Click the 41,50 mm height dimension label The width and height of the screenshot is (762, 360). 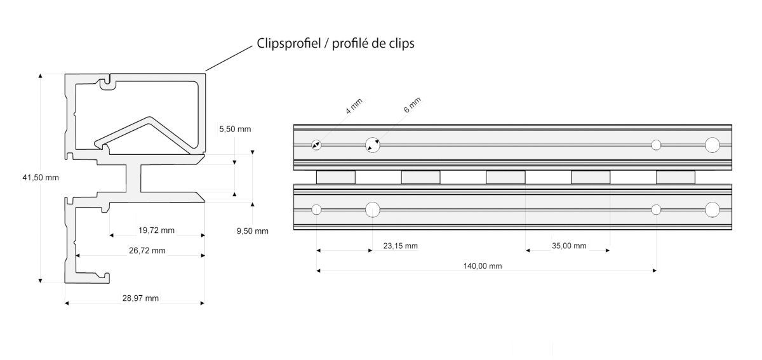[x=41, y=178]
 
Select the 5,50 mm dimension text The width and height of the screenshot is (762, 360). [x=235, y=130]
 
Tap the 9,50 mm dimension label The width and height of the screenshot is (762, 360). [x=253, y=231]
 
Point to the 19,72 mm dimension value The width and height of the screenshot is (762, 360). [x=156, y=230]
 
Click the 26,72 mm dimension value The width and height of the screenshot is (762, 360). [x=147, y=251]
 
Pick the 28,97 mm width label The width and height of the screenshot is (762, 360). [x=140, y=298]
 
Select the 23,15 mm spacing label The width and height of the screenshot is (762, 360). [x=401, y=246]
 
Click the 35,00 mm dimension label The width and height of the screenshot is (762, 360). [x=569, y=246]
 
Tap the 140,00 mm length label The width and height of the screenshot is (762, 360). [x=483, y=266]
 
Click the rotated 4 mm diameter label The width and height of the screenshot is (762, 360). [x=354, y=106]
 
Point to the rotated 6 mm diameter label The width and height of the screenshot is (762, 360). [x=412, y=105]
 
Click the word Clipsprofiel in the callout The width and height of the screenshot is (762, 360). [x=289, y=44]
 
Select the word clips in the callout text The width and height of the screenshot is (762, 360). [x=401, y=44]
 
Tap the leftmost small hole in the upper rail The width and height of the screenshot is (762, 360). [x=316, y=145]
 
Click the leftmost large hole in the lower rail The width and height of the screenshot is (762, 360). [x=373, y=210]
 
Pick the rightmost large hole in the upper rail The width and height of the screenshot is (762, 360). [x=712, y=145]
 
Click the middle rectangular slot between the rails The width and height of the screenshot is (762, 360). [x=505, y=177]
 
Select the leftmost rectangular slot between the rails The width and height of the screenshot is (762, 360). [x=336, y=177]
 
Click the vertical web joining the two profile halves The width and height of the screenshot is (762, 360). [x=134, y=178]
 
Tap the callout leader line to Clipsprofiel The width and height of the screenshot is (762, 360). [x=229, y=58]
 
